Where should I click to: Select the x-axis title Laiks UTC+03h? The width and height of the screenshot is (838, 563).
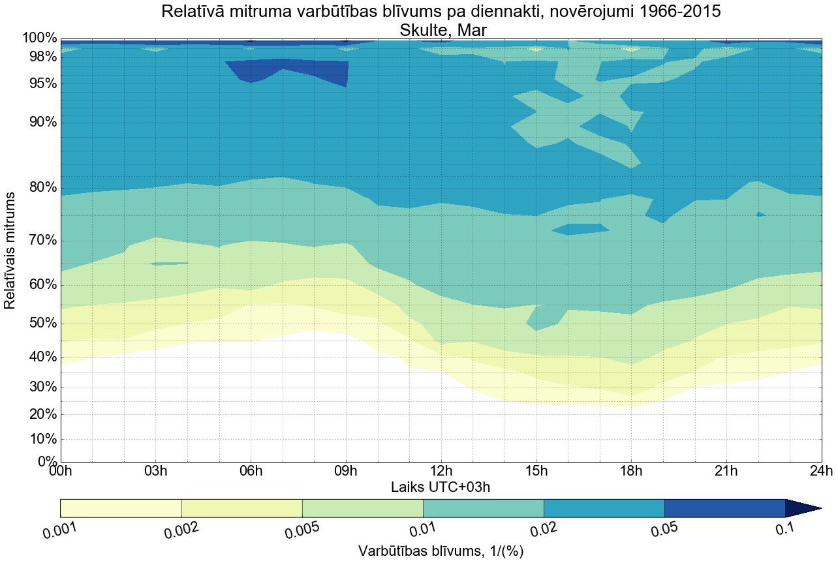pyautogui.click(x=441, y=487)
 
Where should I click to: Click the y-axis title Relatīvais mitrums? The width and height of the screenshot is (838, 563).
pyautogui.click(x=10, y=251)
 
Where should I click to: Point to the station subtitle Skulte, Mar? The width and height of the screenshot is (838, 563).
pyautogui.click(x=441, y=29)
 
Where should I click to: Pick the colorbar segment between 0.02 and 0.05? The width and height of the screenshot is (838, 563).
pyautogui.click(x=604, y=508)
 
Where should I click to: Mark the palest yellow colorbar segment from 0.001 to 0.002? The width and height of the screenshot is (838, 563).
pyautogui.click(x=121, y=508)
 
